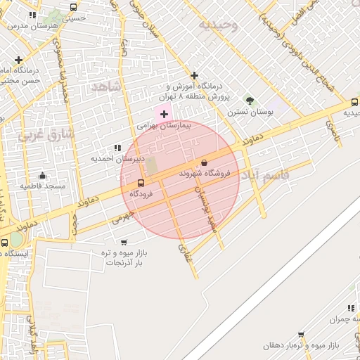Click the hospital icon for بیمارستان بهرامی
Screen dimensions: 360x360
[x=165, y=114]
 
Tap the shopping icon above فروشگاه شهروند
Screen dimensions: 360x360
[x=204, y=162]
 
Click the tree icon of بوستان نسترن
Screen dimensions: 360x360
[x=249, y=101]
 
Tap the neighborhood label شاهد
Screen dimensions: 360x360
[x=106, y=86]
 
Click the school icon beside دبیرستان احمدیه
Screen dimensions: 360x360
[x=117, y=148]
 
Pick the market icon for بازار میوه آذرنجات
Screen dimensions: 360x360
[x=105, y=242]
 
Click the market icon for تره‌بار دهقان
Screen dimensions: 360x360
[x=302, y=335]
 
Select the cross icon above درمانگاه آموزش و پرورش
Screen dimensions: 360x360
[x=195, y=75]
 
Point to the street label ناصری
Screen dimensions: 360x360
[x=332, y=129]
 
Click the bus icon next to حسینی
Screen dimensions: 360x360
[x=74, y=8]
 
